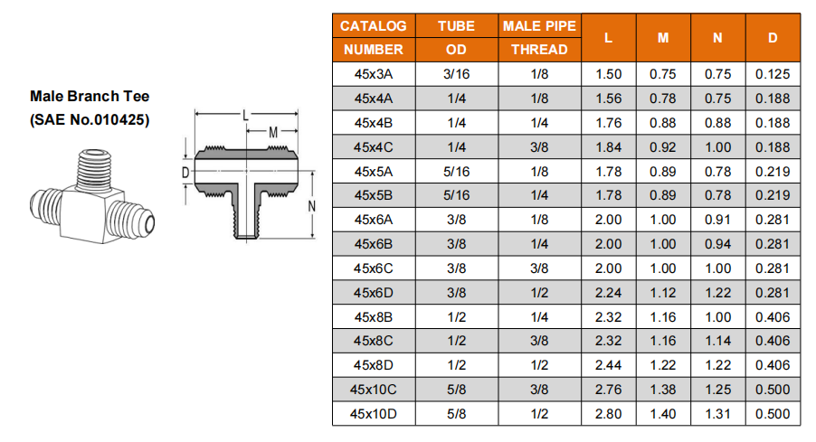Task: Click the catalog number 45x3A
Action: coord(373,74)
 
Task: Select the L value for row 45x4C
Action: coord(608,147)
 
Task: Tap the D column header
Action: coord(773,38)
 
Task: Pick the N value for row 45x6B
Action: coord(717,244)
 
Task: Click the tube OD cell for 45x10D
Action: coord(456,414)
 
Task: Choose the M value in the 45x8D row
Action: coord(662,365)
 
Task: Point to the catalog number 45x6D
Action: coord(373,293)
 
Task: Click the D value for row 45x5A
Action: coord(773,172)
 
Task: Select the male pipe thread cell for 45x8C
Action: coord(539,341)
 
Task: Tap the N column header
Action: coord(717,38)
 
